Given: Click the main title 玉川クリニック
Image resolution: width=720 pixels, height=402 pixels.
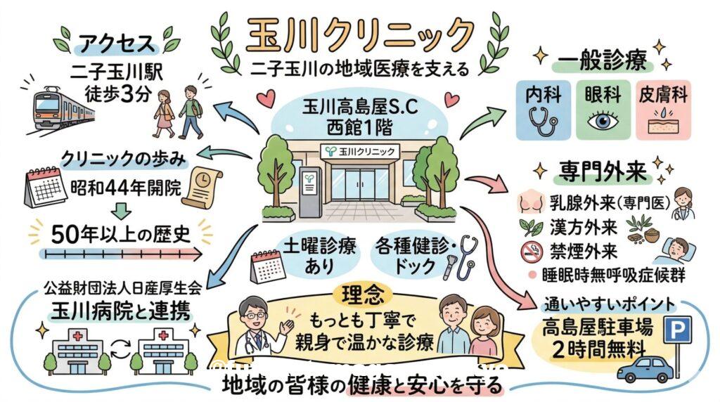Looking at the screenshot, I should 360,33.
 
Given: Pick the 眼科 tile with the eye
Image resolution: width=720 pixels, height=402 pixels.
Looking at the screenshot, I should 602,110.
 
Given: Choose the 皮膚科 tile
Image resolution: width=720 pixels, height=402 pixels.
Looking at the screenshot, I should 662,110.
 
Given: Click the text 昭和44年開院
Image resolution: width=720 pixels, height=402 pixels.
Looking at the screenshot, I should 125,187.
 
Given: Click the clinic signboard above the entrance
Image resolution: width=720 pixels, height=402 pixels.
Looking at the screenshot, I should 356,150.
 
